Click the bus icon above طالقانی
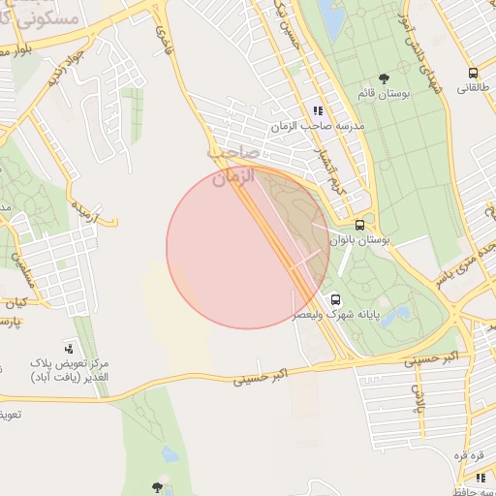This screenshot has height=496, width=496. coord(473,73)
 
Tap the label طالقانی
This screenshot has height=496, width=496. coord(473,88)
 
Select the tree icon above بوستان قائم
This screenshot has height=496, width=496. coord(385,77)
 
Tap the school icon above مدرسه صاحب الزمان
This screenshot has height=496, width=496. coord(318,110)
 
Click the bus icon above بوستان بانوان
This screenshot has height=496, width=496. coord(359,224)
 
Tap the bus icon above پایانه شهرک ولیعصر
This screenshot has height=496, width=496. coord(336,299)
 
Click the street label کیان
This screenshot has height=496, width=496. coord(14,303)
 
